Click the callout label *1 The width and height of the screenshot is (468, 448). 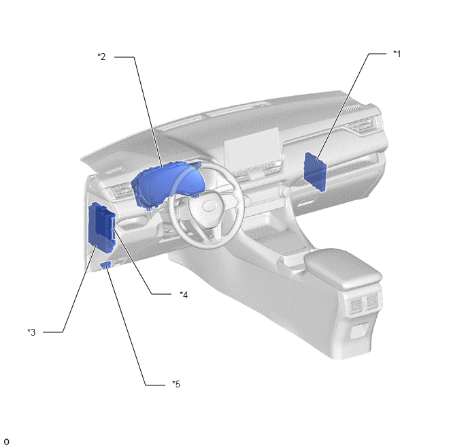pos(397,54)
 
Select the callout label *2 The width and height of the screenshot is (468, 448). pos(101,57)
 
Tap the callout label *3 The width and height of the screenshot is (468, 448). pos(31,332)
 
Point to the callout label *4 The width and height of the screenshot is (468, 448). pos(184,295)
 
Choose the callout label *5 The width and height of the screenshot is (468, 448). pos(176,384)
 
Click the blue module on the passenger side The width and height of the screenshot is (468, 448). pos(315,172)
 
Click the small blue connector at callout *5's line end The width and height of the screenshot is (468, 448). pos(106,265)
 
